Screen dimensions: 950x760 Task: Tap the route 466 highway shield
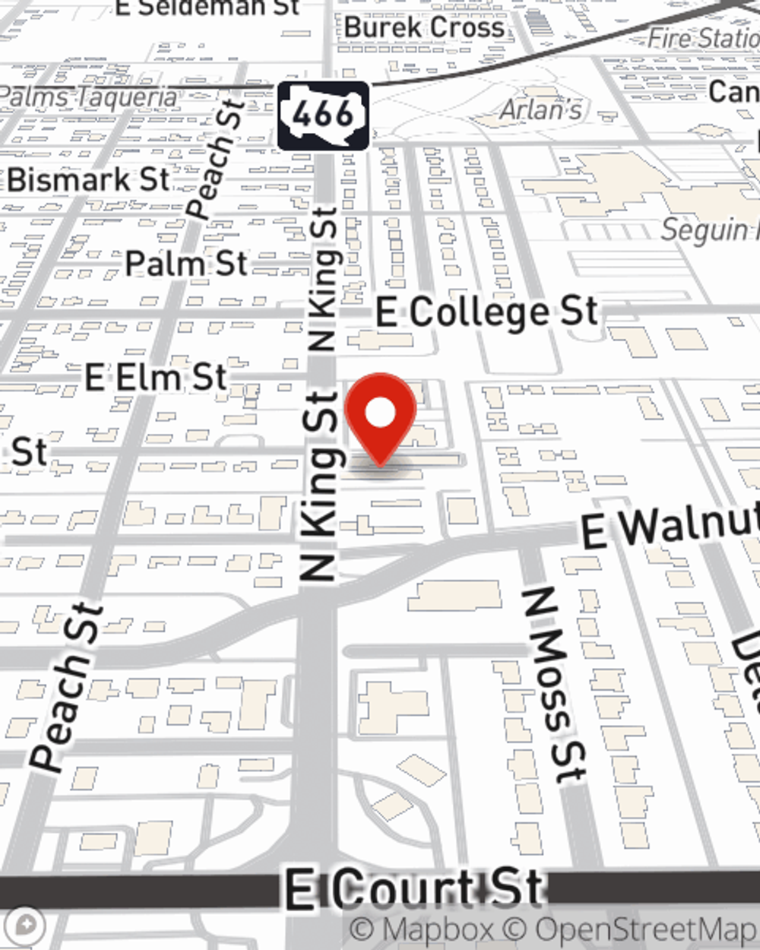(x=323, y=116)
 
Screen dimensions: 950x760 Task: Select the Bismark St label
(x=89, y=180)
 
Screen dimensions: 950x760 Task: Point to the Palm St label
(x=186, y=264)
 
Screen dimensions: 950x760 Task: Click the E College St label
(x=487, y=312)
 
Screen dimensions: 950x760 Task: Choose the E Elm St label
(x=156, y=377)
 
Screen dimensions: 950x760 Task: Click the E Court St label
(x=415, y=888)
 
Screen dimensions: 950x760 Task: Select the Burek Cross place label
(x=424, y=27)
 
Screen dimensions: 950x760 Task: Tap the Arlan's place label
(x=541, y=110)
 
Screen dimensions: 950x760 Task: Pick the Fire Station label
(x=703, y=37)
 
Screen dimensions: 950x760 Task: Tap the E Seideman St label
(x=207, y=8)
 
